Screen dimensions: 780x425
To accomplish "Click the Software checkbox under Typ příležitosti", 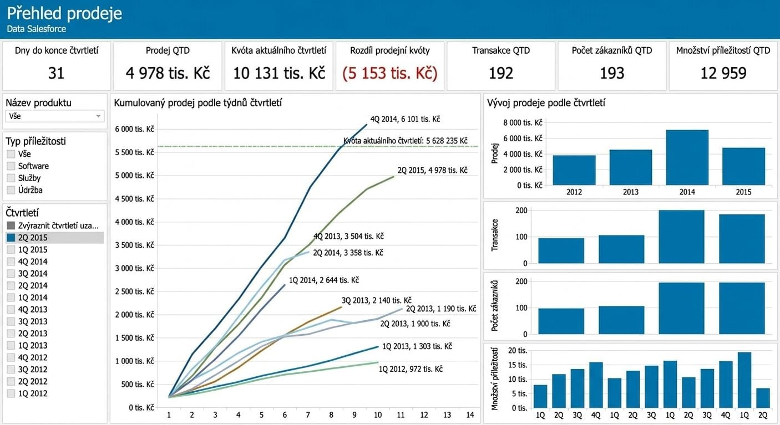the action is [11, 166].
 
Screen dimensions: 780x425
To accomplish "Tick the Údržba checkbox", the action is [11, 190].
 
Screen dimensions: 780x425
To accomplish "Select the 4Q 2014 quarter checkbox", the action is [11, 262].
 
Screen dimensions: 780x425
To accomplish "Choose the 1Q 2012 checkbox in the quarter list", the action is [11, 393].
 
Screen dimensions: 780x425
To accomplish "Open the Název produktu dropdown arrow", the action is [98, 116].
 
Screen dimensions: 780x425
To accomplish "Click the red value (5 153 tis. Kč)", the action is [389, 73].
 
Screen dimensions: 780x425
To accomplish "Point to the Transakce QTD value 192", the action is [501, 73].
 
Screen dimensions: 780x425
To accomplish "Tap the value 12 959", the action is [723, 73].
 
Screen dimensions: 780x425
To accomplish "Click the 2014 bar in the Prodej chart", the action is [687, 157].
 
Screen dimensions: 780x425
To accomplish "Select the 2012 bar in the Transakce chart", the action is [561, 250].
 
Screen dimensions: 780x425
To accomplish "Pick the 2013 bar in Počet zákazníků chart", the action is [621, 320].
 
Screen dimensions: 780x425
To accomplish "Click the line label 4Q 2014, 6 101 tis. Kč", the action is [405, 119].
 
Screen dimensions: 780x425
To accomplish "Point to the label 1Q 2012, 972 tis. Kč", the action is [411, 369].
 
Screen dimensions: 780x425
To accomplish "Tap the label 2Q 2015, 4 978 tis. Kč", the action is [433, 170].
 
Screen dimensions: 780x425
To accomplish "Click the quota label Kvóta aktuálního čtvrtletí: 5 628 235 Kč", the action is [406, 141].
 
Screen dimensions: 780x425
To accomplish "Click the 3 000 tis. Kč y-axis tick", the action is [134, 268].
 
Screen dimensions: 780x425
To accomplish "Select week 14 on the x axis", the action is [470, 415].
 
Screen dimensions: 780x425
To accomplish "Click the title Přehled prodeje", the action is [64, 13].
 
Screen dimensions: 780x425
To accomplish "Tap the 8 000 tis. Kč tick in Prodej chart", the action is [523, 122].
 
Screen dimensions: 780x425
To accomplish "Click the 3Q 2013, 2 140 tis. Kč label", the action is [377, 300].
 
